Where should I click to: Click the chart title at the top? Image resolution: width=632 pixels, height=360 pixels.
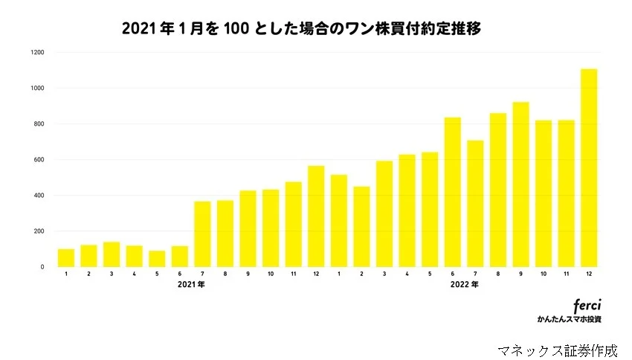(301, 29)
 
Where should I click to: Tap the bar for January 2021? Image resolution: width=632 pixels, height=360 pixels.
(66, 258)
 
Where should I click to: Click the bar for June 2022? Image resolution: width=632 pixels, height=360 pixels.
(452, 193)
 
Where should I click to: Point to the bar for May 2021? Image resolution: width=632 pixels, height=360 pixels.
(157, 259)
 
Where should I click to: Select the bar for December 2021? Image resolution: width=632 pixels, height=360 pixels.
(316, 216)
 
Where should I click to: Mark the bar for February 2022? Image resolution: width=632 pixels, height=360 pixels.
(361, 227)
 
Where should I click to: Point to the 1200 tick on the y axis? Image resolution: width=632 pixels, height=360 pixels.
(38, 53)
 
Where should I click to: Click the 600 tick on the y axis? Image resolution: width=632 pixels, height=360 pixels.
(39, 160)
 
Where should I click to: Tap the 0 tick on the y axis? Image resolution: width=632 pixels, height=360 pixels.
(42, 267)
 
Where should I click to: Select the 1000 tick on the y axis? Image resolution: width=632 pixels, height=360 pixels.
(38, 89)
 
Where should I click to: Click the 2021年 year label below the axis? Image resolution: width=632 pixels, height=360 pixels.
(191, 284)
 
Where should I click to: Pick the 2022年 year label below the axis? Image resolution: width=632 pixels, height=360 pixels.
(464, 284)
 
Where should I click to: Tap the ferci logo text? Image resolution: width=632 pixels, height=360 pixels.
(587, 306)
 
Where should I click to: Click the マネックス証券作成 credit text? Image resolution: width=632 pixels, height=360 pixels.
(558, 349)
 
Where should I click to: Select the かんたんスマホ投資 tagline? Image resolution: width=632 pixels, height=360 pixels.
(569, 319)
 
